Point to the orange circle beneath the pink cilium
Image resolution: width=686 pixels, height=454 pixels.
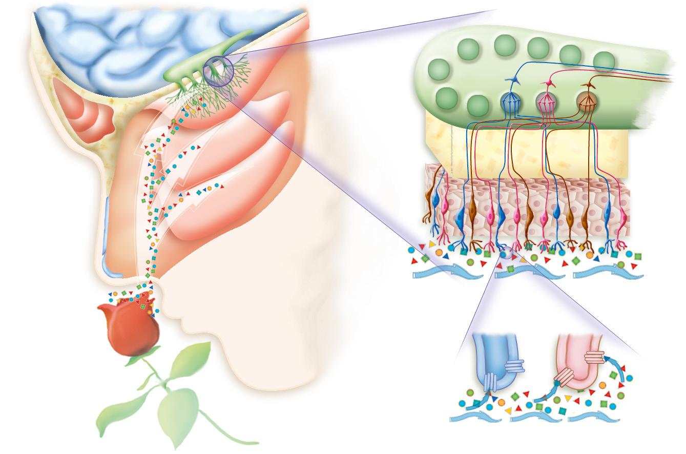[602, 385]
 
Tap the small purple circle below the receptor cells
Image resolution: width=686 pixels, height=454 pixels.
[506, 253]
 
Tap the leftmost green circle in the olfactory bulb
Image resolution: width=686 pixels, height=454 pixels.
[439, 69]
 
